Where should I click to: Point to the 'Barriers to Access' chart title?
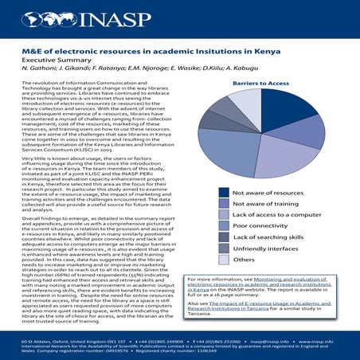(283, 83)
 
